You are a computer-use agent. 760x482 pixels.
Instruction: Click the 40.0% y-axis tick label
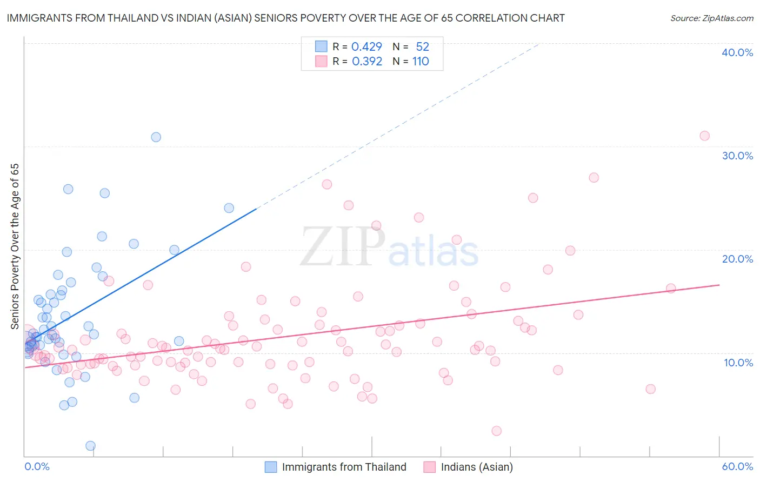(737, 52)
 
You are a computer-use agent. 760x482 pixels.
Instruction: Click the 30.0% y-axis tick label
(737, 156)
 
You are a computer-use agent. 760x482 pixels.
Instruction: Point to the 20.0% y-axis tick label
(737, 259)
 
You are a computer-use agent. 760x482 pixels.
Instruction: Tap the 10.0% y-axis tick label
(738, 363)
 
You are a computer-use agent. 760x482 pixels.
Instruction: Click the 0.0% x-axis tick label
(37, 466)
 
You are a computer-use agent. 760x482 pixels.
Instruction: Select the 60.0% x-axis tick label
(737, 466)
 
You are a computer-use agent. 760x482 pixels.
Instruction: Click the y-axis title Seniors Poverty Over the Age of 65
(15, 246)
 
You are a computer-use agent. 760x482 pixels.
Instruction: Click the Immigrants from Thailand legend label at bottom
(344, 467)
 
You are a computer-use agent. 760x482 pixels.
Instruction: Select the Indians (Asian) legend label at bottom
(477, 467)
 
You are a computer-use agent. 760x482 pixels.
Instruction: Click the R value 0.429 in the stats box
(366, 46)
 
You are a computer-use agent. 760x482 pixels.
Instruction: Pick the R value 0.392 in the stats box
(366, 61)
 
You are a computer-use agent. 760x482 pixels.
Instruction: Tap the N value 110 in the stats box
(421, 61)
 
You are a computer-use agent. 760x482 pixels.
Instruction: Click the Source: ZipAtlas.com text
(711, 18)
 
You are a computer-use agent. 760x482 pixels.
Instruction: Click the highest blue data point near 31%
(156, 137)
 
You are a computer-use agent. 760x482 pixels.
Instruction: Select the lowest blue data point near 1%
(90, 446)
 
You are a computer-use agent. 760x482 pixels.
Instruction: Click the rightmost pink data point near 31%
(704, 136)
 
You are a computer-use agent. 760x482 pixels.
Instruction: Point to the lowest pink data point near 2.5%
(496, 431)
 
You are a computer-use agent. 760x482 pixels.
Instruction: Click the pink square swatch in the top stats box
(321, 61)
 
